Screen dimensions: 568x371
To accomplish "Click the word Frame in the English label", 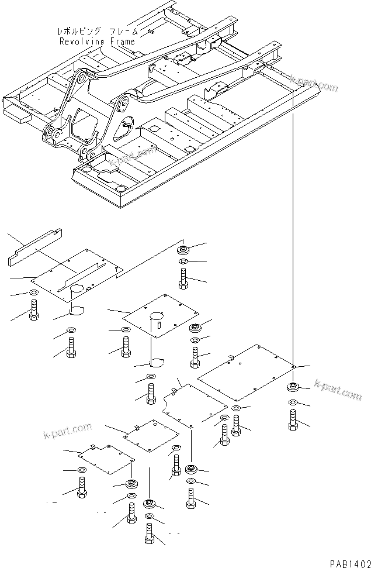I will (x=122, y=42).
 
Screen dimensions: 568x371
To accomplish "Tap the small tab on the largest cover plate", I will (x=231, y=356).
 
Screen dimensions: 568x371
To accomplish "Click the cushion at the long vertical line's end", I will (x=292, y=387).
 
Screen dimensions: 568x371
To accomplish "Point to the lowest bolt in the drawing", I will (x=150, y=535).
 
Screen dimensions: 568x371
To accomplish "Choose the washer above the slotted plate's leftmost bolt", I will (x=33, y=292).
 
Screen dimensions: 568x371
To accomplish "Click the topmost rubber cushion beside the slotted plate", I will (x=183, y=250).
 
